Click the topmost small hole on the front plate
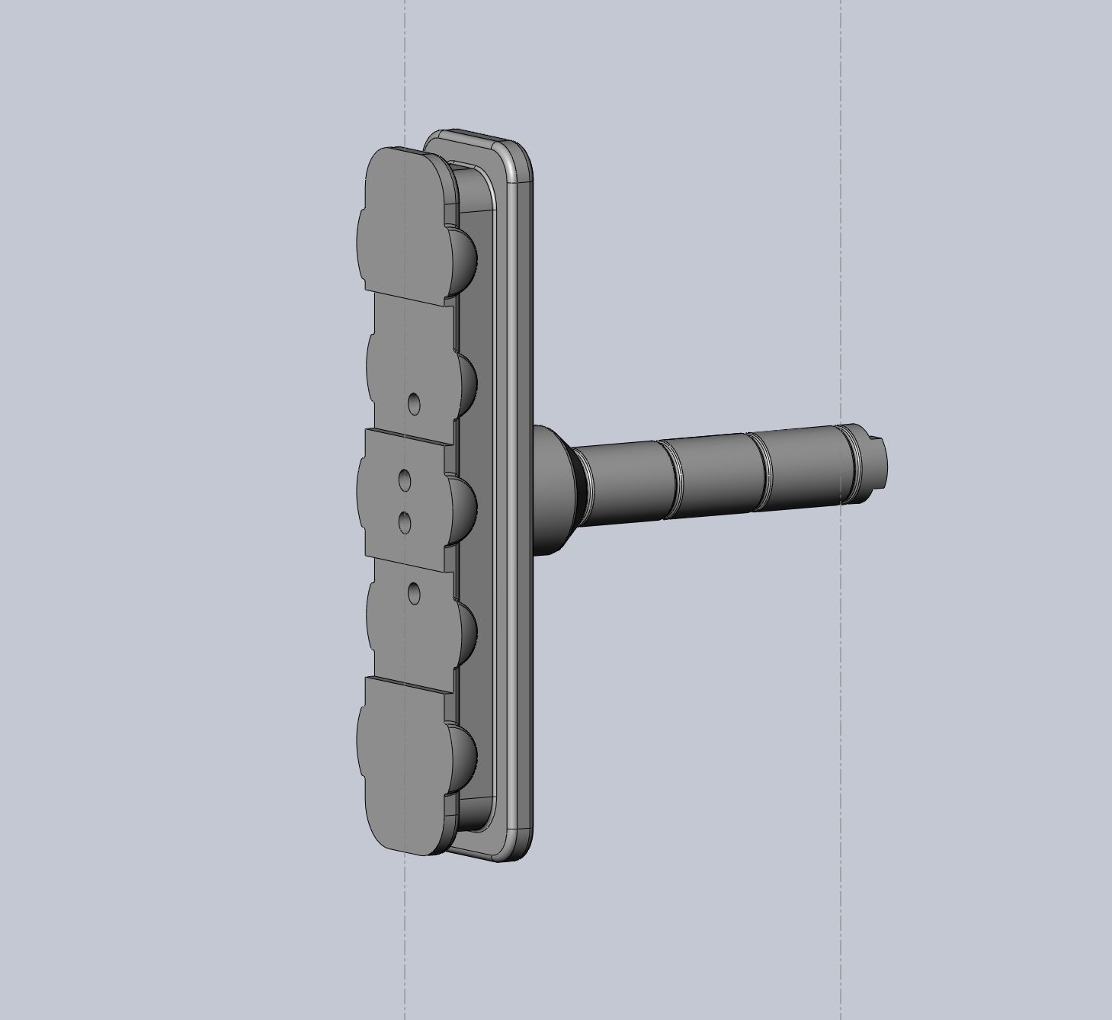(414, 403)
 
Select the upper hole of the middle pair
(405, 480)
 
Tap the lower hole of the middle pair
(405, 522)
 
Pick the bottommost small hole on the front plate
(414, 593)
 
